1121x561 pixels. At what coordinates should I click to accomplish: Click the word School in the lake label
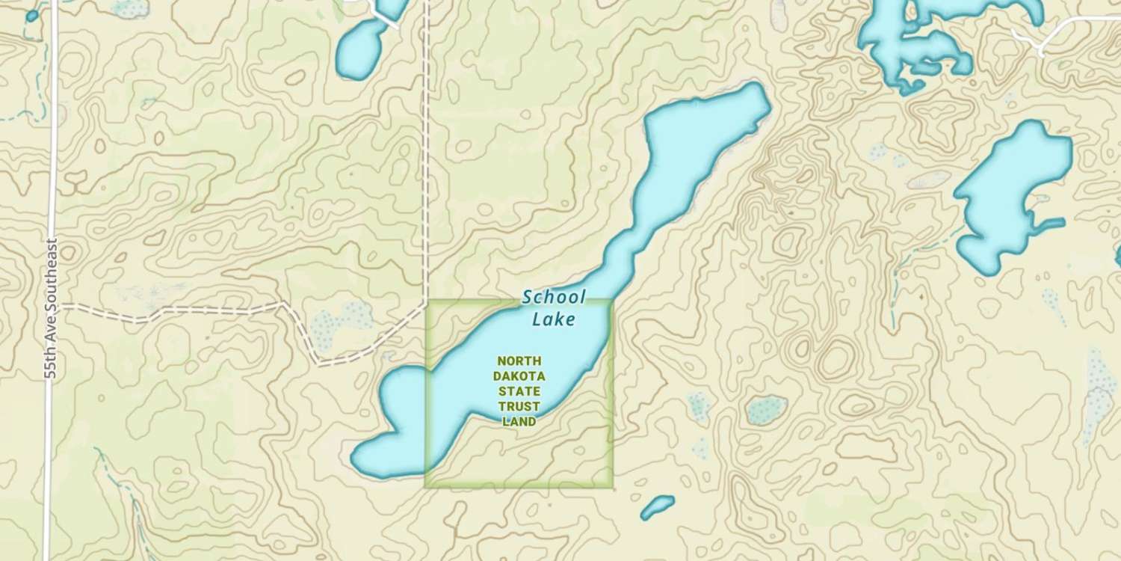click(x=554, y=297)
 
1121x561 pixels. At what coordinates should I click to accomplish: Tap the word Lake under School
click(x=554, y=320)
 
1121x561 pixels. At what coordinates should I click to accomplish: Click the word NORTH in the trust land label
click(x=519, y=361)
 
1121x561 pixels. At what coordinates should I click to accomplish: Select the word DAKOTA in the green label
click(x=519, y=375)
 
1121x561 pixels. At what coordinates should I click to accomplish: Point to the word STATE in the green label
click(x=519, y=391)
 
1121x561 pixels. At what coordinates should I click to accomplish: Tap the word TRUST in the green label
click(x=519, y=406)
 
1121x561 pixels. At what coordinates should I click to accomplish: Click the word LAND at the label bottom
click(x=519, y=422)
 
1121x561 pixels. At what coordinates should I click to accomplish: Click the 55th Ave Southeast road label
click(x=51, y=308)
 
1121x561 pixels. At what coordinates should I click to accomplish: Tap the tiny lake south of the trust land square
click(x=657, y=507)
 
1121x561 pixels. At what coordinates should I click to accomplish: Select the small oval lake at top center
click(x=360, y=49)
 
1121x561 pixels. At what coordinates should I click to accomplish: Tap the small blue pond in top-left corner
click(x=31, y=16)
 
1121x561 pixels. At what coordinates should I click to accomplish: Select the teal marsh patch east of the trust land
click(x=765, y=410)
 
